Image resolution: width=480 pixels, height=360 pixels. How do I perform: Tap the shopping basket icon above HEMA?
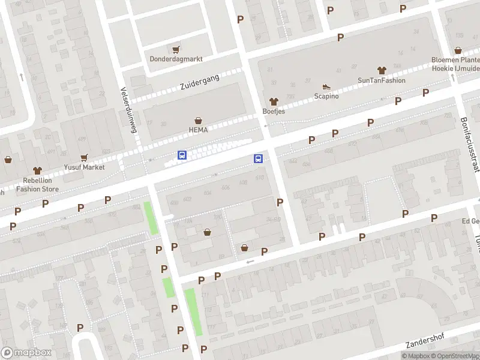pos(198,121)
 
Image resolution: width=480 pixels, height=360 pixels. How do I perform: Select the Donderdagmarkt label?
pos(176,59)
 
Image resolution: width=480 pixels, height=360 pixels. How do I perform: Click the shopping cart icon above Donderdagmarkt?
pos(176,49)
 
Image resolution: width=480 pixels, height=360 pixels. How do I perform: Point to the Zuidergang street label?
pos(200,83)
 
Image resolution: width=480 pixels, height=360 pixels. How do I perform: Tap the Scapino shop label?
pos(326,96)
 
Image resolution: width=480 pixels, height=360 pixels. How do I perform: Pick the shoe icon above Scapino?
pos(326,86)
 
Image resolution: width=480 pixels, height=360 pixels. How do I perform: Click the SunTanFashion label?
pos(381,80)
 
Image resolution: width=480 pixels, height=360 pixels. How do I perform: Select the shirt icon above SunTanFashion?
pos(381,70)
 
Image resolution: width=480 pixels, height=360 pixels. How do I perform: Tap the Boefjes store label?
pos(274,112)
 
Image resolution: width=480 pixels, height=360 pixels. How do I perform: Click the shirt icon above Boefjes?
pos(274,101)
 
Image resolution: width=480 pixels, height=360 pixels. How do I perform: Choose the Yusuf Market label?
pos(84,167)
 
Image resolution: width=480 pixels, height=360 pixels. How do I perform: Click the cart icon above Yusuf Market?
pos(84,158)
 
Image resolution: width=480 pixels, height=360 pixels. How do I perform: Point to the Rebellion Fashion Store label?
pos(34,184)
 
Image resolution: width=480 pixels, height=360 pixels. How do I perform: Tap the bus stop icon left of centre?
pos(182,155)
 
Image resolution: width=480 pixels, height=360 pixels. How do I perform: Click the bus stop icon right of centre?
pos(259,158)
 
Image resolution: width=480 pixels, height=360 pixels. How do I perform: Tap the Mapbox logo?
pos(26,353)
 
